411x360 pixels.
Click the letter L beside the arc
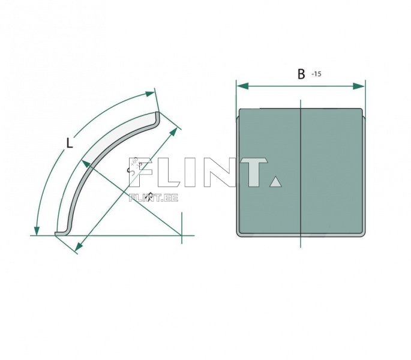coord(70,143)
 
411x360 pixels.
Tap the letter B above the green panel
coord(301,74)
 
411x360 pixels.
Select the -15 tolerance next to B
coord(317,74)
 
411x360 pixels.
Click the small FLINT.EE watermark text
coord(154,197)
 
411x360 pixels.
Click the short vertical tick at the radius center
coord(181,235)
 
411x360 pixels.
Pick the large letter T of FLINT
coord(252,172)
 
